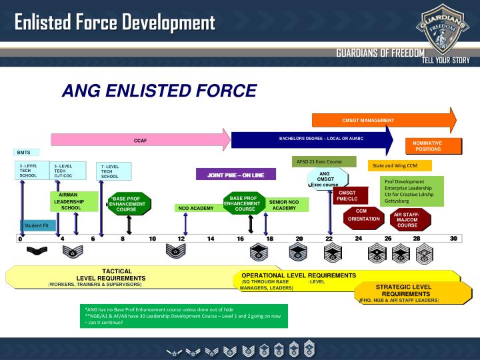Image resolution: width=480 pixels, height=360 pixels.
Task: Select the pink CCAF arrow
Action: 139,141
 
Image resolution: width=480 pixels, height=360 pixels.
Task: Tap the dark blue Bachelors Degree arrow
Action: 310,140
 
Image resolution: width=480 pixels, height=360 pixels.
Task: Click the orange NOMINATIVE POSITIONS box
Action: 433,146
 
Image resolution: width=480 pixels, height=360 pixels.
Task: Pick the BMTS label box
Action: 24,153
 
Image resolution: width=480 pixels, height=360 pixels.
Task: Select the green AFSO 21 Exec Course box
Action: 325,161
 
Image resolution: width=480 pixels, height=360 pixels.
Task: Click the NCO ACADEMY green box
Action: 195,208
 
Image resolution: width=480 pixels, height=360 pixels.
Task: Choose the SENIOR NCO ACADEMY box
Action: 284,204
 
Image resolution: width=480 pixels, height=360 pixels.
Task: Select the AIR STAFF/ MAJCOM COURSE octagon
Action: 407,219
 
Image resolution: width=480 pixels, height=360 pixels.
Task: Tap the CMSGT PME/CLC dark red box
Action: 347,195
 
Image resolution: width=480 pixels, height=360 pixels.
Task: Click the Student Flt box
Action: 37,225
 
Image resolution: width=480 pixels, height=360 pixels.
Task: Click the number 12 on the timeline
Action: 181,239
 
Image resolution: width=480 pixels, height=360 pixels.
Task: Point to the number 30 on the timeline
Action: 453,239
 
